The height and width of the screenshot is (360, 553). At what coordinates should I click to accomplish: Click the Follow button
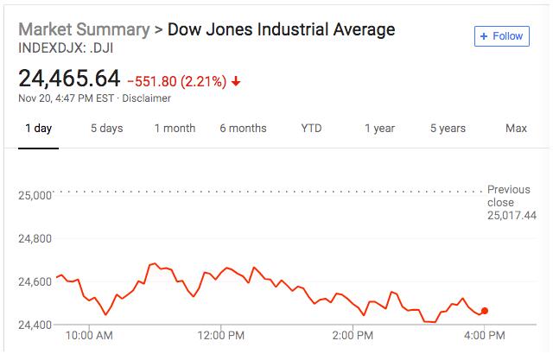[501, 36]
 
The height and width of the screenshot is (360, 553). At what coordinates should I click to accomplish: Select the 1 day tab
[38, 129]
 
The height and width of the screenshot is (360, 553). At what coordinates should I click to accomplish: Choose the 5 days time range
[106, 129]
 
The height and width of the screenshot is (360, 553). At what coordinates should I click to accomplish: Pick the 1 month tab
[175, 129]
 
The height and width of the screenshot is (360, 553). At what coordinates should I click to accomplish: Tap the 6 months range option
[243, 129]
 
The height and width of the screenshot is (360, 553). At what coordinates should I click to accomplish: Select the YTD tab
[311, 129]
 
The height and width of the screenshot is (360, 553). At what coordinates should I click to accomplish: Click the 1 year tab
[379, 129]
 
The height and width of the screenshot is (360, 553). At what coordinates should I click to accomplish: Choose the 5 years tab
[448, 129]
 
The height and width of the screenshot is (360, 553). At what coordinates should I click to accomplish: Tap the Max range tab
[516, 129]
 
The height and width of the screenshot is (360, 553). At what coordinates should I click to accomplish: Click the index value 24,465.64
[69, 79]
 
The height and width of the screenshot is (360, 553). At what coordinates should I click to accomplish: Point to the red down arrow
[236, 82]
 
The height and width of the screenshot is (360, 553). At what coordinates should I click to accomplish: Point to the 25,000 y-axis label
[35, 195]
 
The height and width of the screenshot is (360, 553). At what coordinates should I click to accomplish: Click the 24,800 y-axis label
[35, 238]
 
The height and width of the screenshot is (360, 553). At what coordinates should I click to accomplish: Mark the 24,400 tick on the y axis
[35, 325]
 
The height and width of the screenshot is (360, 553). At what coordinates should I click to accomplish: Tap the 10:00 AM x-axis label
[90, 334]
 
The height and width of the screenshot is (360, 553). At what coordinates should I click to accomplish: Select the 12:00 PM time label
[222, 334]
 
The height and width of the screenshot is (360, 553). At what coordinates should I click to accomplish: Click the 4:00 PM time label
[485, 334]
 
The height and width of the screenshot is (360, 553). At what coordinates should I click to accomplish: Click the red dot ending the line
[485, 311]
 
